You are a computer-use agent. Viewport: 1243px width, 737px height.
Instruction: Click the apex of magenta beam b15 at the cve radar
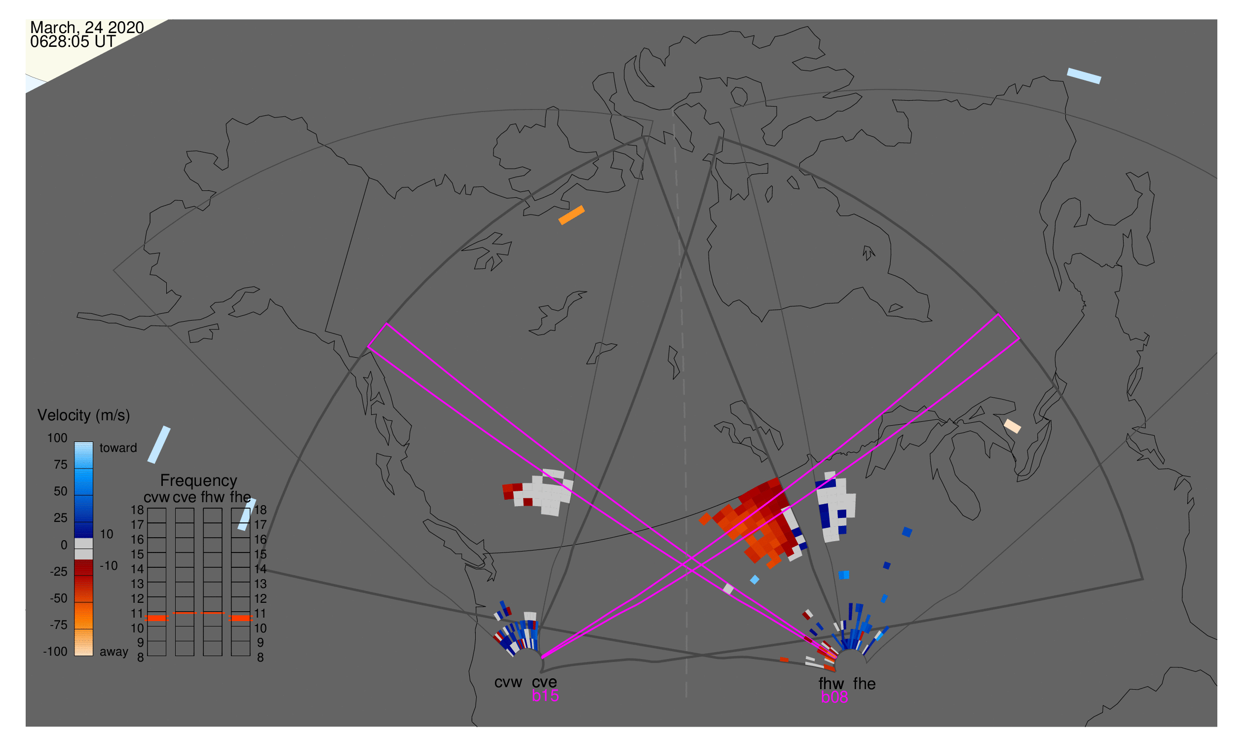pyautogui.click(x=542, y=658)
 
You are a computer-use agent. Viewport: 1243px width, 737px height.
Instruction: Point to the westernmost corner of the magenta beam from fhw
pyautogui.click(x=368, y=347)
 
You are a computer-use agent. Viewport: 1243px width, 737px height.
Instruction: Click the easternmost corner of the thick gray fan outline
pyautogui.click(x=1143, y=579)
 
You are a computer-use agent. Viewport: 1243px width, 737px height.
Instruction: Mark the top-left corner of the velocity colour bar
pyautogui.click(x=75, y=442)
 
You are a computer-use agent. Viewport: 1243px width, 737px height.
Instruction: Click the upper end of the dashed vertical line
pyautogui.click(x=673, y=110)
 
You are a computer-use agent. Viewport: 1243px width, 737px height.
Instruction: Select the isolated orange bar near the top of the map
pyautogui.click(x=571, y=215)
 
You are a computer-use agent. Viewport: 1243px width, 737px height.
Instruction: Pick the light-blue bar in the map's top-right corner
pyautogui.click(x=1084, y=76)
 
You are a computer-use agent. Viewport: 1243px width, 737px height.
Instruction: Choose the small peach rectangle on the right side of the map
pyautogui.click(x=1013, y=426)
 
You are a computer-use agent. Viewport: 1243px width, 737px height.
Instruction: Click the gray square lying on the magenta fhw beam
pyautogui.click(x=728, y=589)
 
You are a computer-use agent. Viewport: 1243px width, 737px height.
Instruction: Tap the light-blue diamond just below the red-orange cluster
pyautogui.click(x=754, y=580)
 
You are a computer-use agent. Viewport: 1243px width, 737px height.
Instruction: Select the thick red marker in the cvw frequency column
pyautogui.click(x=157, y=618)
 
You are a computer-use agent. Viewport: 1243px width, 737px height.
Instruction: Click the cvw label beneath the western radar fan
pyautogui.click(x=508, y=682)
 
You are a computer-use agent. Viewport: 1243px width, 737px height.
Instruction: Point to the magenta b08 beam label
pyautogui.click(x=834, y=697)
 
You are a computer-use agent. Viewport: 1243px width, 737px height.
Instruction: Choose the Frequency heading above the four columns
pyautogui.click(x=199, y=481)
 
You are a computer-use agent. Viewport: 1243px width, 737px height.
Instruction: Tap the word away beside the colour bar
pyautogui.click(x=114, y=652)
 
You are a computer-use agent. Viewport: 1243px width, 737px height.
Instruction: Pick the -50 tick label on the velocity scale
pyautogui.click(x=59, y=598)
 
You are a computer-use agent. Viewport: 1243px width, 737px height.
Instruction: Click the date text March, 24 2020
pyautogui.click(x=87, y=27)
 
